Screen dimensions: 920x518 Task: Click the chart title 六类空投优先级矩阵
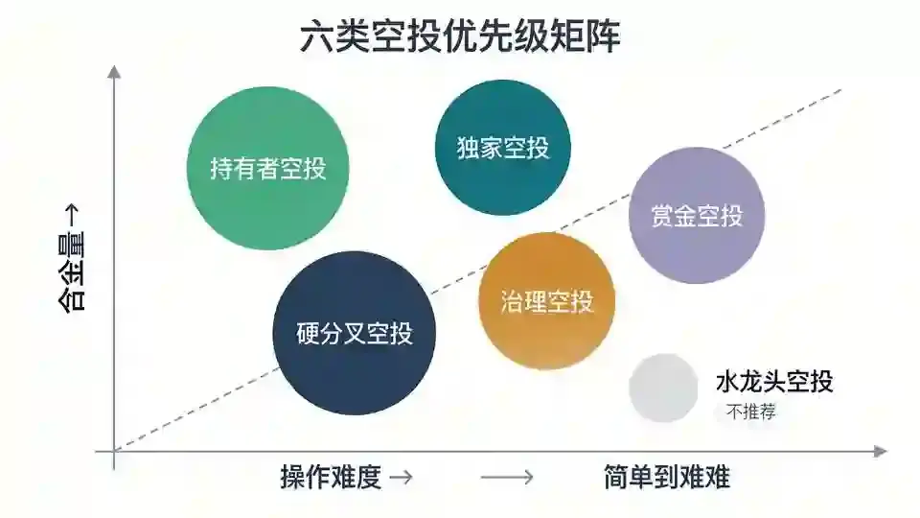[460, 36]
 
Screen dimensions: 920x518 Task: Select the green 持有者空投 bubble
[268, 169]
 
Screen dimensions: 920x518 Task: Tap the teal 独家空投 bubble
[503, 148]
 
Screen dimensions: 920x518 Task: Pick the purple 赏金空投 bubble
[697, 216]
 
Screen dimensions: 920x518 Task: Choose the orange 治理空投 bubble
[547, 301]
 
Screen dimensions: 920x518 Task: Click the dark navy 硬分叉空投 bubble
[355, 334]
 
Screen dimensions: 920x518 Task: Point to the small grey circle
[663, 388]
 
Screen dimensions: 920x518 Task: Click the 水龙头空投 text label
[774, 382]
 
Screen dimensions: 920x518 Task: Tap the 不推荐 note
[751, 412]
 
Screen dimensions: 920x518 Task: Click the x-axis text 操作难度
[331, 477]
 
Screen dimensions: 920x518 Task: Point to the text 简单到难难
[667, 477]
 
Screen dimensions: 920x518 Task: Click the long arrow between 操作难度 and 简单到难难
[507, 477]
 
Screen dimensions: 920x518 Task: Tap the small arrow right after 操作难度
[402, 477]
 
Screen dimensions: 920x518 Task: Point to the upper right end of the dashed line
[841, 90]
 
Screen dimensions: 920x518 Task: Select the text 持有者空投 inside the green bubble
[268, 169]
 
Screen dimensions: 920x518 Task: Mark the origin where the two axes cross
[114, 451]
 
